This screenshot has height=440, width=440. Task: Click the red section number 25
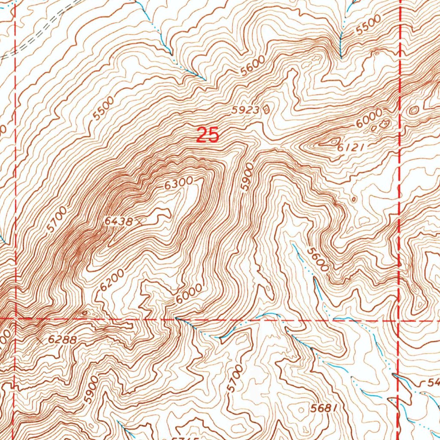(x=208, y=135)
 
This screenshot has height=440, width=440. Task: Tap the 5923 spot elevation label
(x=246, y=110)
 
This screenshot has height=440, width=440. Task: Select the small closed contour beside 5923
(x=267, y=109)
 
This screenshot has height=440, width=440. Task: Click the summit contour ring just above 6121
(x=334, y=141)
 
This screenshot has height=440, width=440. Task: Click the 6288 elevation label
(x=62, y=339)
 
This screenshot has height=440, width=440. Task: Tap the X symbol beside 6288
(x=40, y=339)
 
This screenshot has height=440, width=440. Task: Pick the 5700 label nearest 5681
(x=236, y=378)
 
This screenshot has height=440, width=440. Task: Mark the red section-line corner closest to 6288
(x=15, y=319)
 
